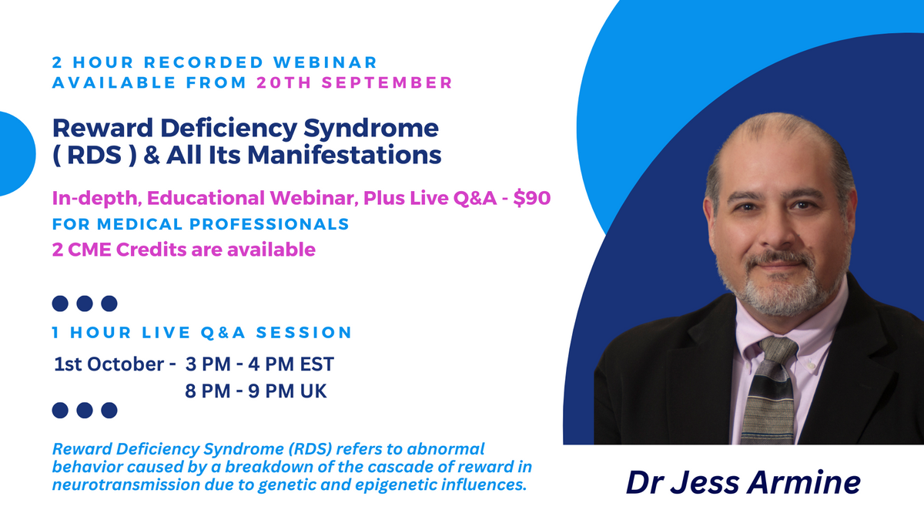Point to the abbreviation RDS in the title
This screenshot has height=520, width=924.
(x=81, y=155)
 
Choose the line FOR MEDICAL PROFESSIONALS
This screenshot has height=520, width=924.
(x=200, y=224)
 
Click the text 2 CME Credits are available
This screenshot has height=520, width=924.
(x=183, y=250)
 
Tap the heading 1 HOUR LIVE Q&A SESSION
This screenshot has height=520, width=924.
(x=202, y=333)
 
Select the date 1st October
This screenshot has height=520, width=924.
(x=109, y=364)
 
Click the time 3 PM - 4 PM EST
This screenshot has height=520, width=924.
(x=259, y=364)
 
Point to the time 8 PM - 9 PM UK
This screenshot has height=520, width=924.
(x=256, y=391)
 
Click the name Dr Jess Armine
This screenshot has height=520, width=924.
(x=742, y=481)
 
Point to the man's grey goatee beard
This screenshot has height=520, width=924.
(x=778, y=289)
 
